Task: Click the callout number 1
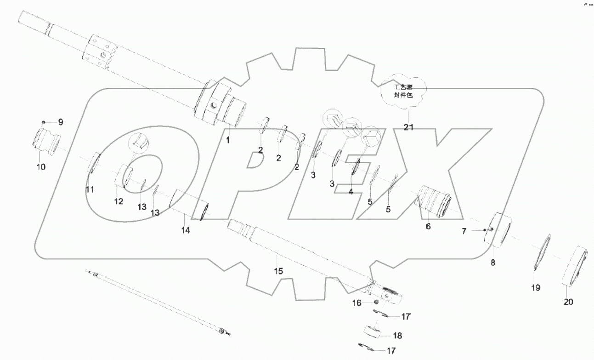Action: [x=227, y=140]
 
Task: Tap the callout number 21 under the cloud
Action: [x=408, y=127]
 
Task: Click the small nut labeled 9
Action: [x=43, y=122]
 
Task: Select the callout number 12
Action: [x=119, y=201]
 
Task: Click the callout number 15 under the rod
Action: [x=278, y=271]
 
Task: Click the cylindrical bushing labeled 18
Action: [x=373, y=332]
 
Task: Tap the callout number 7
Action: [x=464, y=232]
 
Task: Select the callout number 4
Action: [x=351, y=192]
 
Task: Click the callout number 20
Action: [x=568, y=302]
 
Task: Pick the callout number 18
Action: [x=397, y=336]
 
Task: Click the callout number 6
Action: [x=428, y=226]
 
